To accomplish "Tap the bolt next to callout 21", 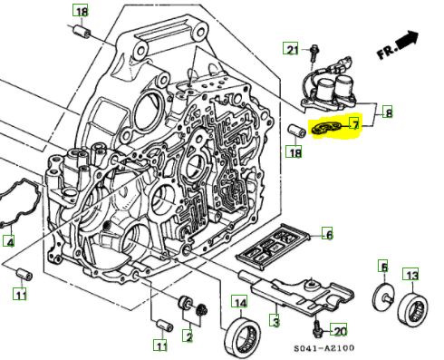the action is pos(314,56).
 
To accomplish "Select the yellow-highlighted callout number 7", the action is pos(355,124).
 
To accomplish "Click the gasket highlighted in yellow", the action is pos(326,128).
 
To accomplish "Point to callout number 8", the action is pos(388,112).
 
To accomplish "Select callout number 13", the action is pos(411,275).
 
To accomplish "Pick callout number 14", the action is pos(240,302).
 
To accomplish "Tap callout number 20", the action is pos(339,331).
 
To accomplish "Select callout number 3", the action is pos(275,321).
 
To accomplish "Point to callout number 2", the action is pos(188,336).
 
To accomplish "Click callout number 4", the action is pos(9,241).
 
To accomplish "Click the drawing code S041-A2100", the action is pos(324,348).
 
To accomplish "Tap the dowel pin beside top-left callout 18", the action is pos(81,32).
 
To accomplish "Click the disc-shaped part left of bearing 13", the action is pos(383,298).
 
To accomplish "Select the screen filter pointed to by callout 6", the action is pos(273,245).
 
